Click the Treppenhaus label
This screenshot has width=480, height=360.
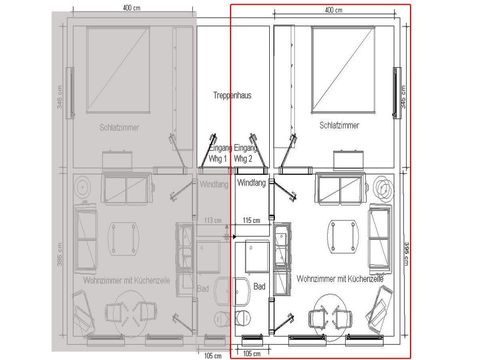[232, 96]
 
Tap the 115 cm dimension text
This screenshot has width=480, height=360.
[251, 220]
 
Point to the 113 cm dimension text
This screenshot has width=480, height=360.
[212, 220]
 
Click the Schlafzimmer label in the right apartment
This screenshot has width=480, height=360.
[339, 126]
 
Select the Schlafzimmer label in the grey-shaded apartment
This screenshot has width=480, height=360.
[119, 128]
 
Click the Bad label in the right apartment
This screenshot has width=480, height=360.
[259, 286]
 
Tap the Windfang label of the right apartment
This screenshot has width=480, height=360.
[251, 183]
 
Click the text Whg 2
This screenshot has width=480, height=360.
[243, 159]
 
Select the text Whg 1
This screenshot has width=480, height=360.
[218, 159]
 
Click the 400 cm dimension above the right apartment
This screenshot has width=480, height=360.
[334, 10]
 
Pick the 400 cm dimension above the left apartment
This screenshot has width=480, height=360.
[132, 8]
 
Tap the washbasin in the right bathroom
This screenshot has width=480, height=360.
[241, 292]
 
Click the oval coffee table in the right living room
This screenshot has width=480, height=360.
[343, 237]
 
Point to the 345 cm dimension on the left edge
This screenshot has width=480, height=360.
[60, 97]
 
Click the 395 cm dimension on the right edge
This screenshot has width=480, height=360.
[406, 254]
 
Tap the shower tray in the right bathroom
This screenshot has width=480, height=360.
[257, 257]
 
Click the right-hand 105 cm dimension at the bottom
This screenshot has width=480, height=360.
[252, 354]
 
